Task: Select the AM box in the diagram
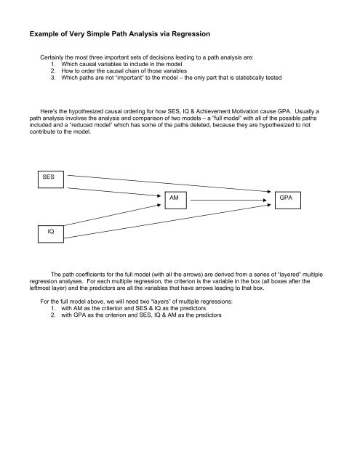pos(173,198)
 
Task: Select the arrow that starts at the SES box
pos(167,184)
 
